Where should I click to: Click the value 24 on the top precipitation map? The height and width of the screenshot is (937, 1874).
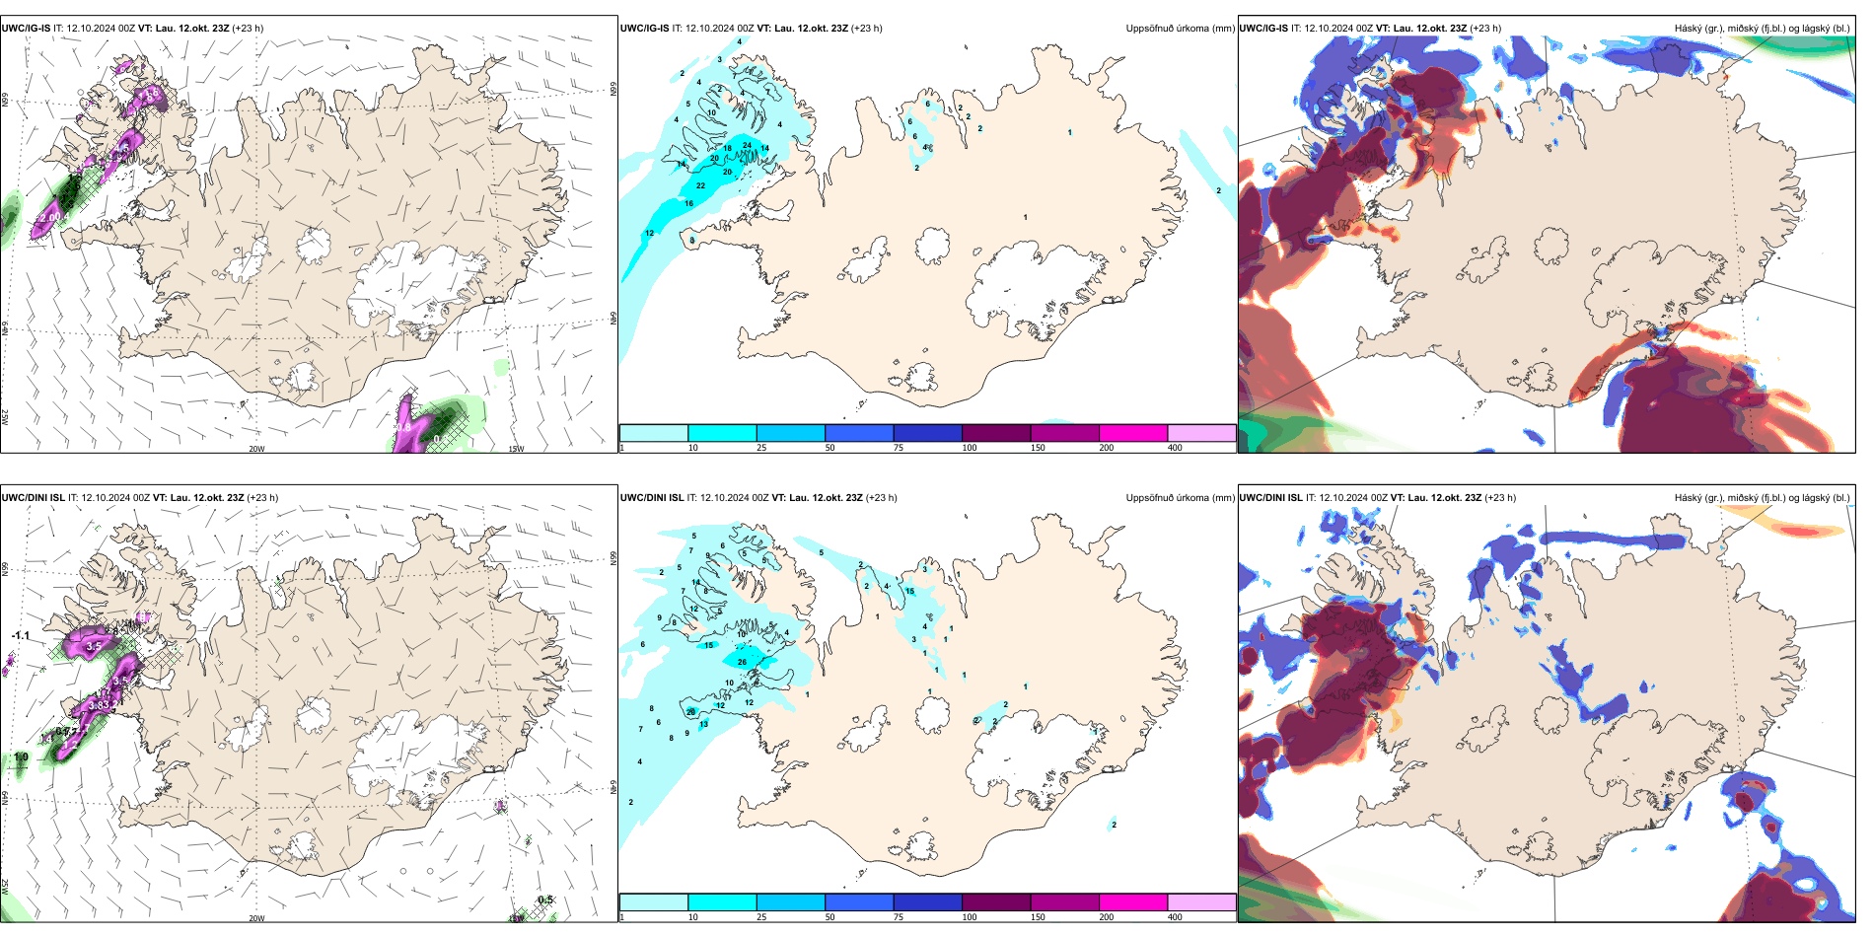747,145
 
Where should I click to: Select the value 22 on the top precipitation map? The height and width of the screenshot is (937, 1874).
700,185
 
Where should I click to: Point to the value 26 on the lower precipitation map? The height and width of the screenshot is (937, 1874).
742,662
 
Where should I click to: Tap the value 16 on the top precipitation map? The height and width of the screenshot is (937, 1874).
688,203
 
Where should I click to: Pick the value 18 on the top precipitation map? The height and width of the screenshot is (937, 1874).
728,148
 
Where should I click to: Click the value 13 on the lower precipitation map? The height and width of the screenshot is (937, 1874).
703,724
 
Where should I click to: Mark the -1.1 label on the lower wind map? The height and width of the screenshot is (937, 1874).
20,636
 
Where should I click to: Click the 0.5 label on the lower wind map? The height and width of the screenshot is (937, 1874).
545,900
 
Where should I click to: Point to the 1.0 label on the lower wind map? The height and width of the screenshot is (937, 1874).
21,757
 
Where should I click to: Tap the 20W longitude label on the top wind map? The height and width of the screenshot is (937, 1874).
256,449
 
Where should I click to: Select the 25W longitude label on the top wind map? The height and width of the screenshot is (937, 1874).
5,417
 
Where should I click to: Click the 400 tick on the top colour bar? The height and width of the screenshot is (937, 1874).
1175,448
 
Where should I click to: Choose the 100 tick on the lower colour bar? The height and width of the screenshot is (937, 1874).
970,917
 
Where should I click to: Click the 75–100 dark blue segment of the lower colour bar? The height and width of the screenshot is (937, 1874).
927,902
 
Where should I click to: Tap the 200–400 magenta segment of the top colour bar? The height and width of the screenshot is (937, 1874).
1133,433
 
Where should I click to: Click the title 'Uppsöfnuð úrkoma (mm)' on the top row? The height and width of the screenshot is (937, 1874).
1180,29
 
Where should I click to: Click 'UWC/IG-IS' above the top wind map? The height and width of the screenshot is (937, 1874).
26,29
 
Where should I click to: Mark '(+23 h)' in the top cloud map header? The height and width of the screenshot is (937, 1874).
1485,29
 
